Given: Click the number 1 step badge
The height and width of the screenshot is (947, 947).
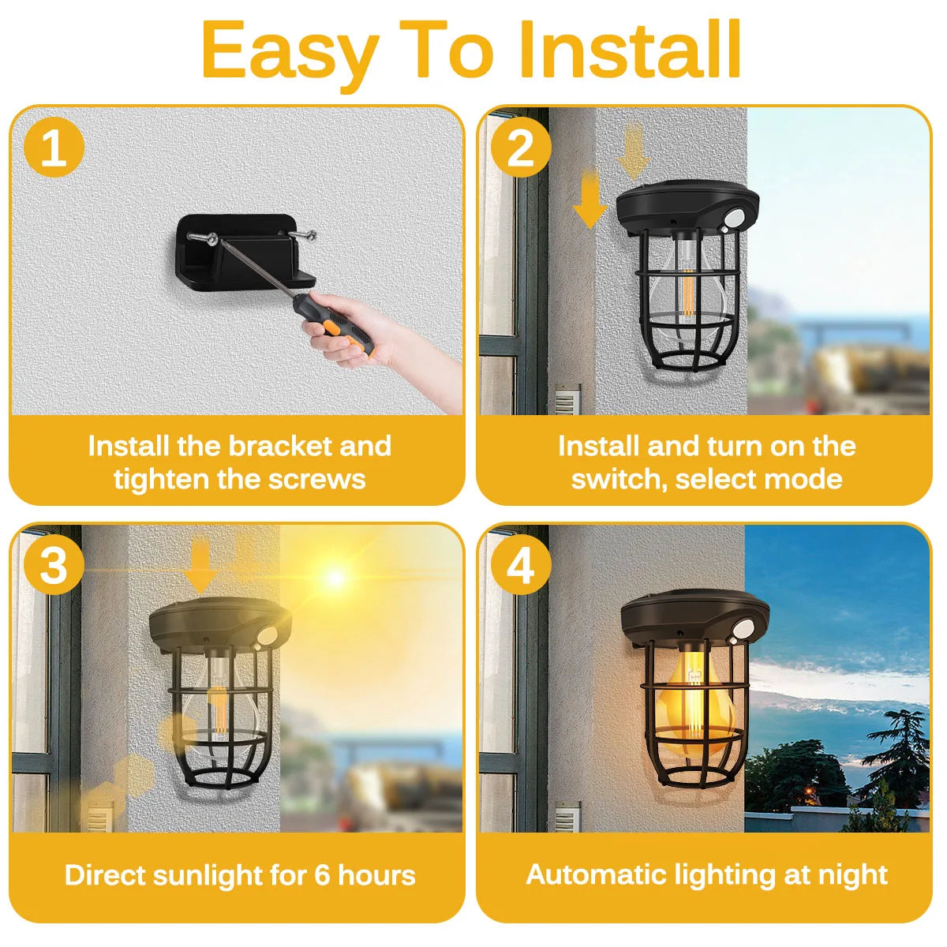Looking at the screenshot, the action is click(54, 147).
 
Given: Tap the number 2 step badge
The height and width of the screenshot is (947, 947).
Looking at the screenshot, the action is click(521, 147).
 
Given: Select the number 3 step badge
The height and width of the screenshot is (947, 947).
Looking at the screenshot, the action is click(54, 564).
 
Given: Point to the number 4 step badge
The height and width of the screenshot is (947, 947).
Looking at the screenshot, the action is click(521, 564).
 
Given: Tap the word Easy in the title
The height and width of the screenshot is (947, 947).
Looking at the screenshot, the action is click(290, 55).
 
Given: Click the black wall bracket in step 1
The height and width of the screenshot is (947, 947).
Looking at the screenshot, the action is click(245, 252).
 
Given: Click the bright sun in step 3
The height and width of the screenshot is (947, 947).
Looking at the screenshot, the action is click(335, 577).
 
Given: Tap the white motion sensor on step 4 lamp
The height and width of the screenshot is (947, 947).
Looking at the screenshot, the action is click(743, 628).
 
